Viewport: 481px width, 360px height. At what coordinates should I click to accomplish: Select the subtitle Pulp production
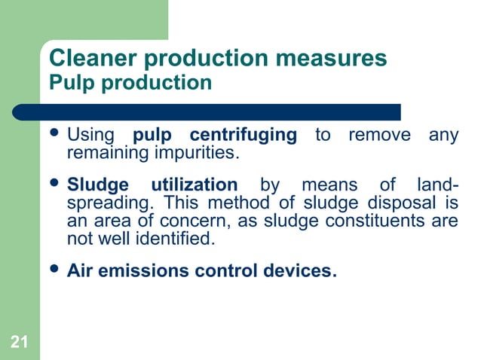coord(130,82)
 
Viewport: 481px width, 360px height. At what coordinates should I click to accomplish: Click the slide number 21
coord(20,344)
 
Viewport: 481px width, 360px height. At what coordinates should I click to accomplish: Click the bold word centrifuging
coord(244,136)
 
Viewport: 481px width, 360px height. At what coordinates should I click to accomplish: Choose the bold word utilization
coord(194,185)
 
